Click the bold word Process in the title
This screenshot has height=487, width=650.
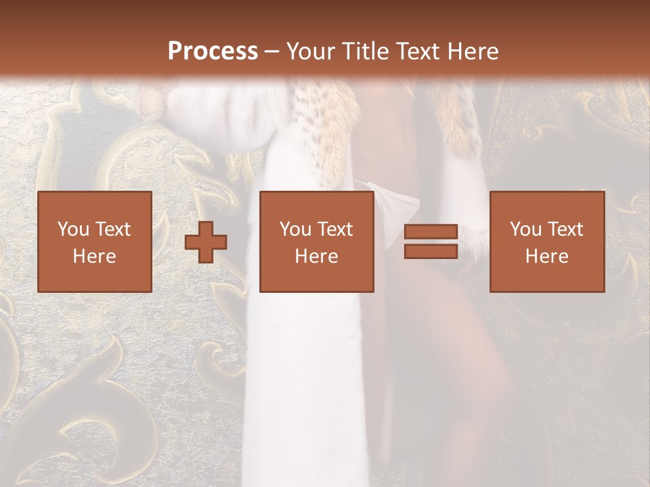pyautogui.click(x=213, y=51)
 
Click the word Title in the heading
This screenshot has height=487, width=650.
pyautogui.click(x=364, y=51)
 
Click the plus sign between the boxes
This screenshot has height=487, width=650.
pyautogui.click(x=206, y=242)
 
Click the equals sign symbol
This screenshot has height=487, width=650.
pyautogui.click(x=431, y=242)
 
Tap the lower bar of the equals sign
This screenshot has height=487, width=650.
pyautogui.click(x=431, y=252)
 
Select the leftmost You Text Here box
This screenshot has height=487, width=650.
pyautogui.click(x=95, y=241)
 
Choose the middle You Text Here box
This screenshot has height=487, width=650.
pyautogui.click(x=317, y=241)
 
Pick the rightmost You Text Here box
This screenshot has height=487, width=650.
pyautogui.click(x=547, y=241)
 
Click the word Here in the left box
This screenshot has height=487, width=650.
pyautogui.click(x=95, y=256)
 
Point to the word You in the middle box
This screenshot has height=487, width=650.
pyautogui.click(x=295, y=229)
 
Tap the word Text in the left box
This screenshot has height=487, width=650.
pyautogui.click(x=113, y=229)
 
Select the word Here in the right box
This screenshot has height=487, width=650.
pyautogui.click(x=547, y=256)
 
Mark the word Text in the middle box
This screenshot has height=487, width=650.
pyautogui.click(x=335, y=229)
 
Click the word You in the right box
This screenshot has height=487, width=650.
pyautogui.click(x=525, y=229)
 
